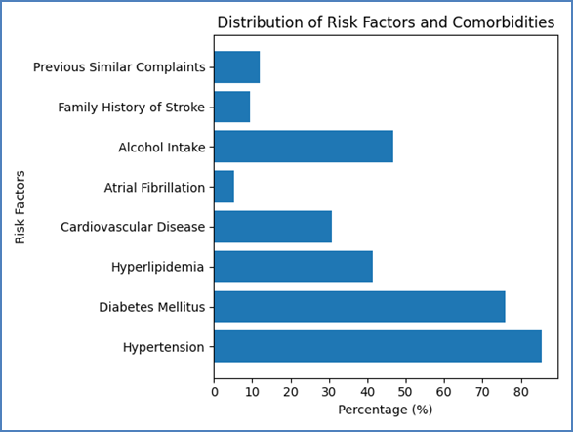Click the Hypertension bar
[x=378, y=346]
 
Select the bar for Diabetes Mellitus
[x=359, y=307]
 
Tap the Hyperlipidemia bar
[x=294, y=267]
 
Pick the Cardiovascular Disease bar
[x=273, y=227]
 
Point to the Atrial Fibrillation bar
[x=224, y=187]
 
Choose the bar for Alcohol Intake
[x=304, y=147]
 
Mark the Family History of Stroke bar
[x=232, y=107]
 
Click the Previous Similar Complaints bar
[x=237, y=66]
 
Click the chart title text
[x=386, y=22]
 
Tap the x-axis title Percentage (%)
[x=386, y=410]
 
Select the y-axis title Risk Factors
[x=20, y=207]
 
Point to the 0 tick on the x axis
[x=215, y=392]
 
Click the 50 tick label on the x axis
[x=405, y=392]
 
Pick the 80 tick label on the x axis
[x=520, y=392]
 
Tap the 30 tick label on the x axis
[x=329, y=392]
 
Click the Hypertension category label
[x=164, y=347]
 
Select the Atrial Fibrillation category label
[x=154, y=188]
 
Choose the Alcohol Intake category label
[x=162, y=147]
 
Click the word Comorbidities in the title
[x=504, y=22]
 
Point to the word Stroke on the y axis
[x=184, y=108]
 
